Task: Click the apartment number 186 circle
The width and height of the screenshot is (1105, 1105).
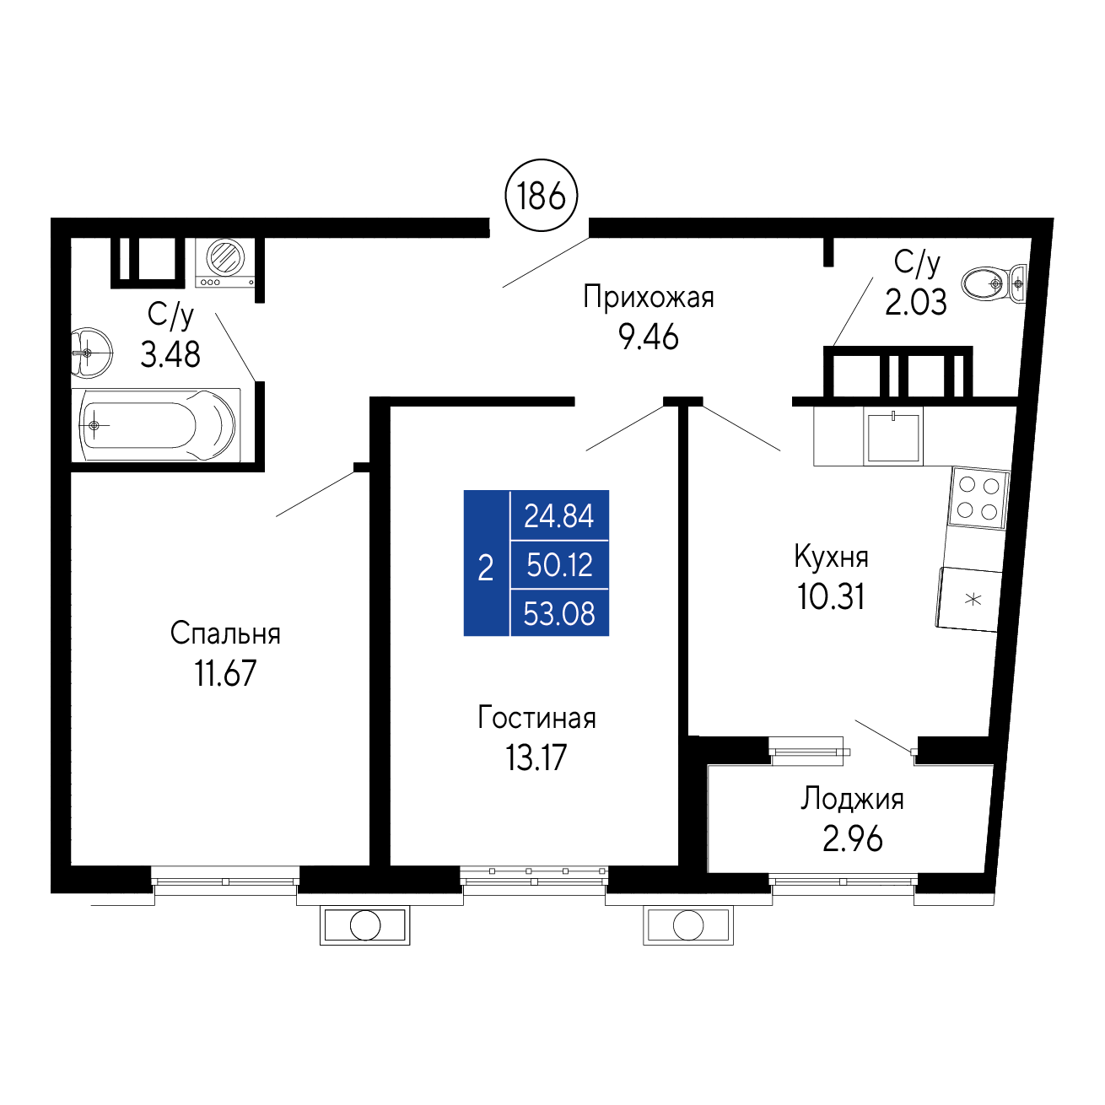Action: (541, 196)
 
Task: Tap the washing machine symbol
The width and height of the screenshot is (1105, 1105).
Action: (224, 262)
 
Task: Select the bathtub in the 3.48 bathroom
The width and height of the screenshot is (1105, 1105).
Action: (156, 425)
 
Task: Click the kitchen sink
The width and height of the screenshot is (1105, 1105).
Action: (892, 436)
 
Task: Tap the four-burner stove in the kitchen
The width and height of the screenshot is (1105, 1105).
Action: (978, 497)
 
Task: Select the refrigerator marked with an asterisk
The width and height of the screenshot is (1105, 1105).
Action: (968, 599)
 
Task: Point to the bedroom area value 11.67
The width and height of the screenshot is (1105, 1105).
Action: (225, 673)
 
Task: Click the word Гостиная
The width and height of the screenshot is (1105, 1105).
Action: (536, 719)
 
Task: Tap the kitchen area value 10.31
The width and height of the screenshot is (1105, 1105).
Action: (831, 597)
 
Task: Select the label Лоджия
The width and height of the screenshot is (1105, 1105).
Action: (852, 800)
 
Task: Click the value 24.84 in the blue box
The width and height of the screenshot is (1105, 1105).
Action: (559, 516)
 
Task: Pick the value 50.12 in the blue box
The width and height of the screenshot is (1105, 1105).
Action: (559, 565)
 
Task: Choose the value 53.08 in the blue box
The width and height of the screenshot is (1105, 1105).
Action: (559, 613)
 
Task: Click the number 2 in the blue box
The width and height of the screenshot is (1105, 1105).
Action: (486, 569)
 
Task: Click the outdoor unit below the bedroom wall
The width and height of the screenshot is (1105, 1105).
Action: (364, 925)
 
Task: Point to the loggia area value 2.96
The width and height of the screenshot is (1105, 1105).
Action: (852, 839)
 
